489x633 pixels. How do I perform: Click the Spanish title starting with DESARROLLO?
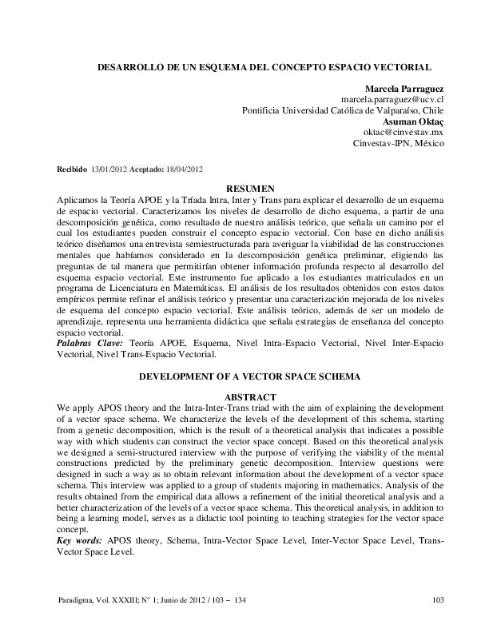264,70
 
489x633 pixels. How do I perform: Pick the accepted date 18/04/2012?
185,169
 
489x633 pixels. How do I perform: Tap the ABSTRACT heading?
251,396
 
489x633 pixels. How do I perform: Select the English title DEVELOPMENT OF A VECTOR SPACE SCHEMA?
251,376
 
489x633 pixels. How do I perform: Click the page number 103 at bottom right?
437,601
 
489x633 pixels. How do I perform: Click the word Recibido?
70,169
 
